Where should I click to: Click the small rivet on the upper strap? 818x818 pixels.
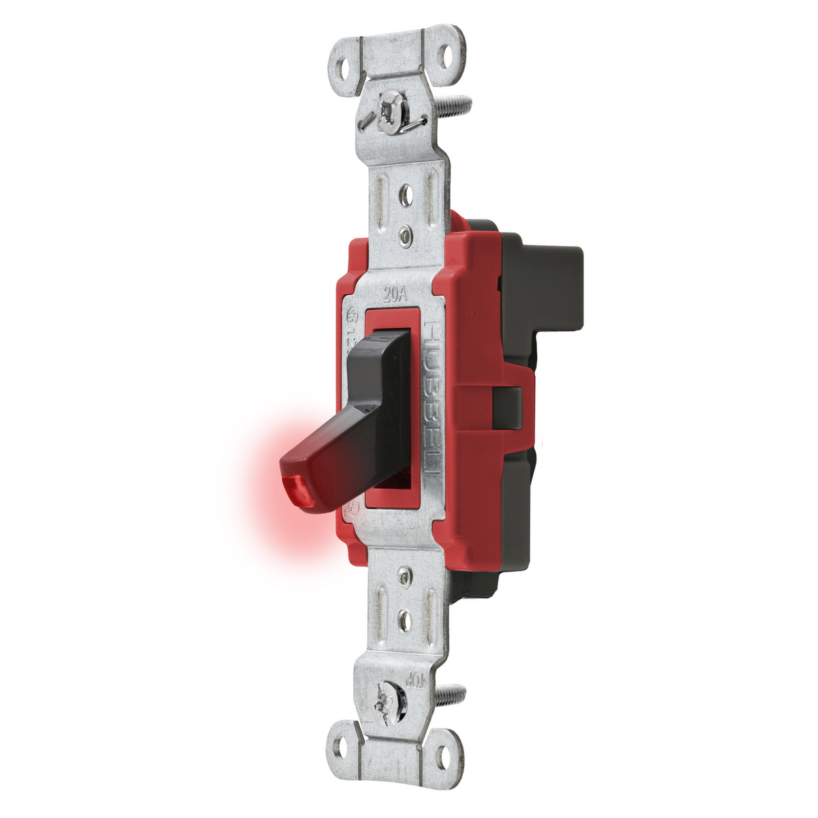[x=406, y=237]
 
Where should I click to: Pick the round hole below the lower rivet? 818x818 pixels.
[x=404, y=619]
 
